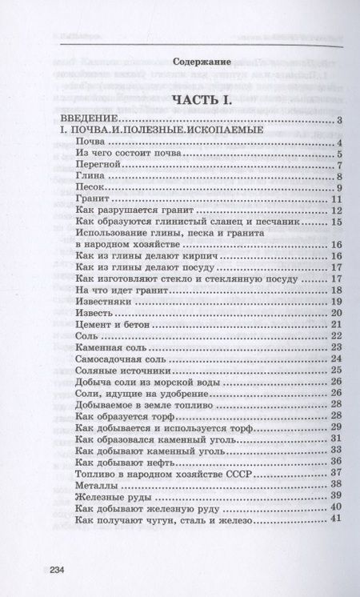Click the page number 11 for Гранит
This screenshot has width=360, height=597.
click(336, 199)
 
